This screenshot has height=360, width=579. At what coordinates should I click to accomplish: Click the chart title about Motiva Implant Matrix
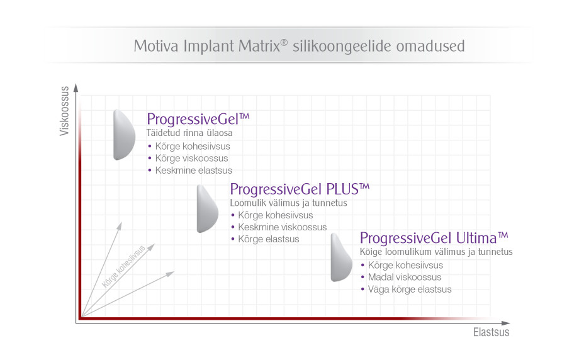click(x=299, y=46)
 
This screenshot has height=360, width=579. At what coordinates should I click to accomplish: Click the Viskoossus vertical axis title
click(x=64, y=111)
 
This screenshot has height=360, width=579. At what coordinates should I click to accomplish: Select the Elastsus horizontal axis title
click(x=491, y=332)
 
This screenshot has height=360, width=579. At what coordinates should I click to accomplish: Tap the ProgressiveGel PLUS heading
click(x=300, y=189)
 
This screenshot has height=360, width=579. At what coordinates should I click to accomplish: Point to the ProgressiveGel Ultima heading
click(x=434, y=238)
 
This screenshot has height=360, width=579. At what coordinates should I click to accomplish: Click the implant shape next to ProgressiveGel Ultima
click(x=341, y=257)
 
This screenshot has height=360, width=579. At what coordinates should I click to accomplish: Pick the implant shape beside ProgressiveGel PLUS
click(x=207, y=208)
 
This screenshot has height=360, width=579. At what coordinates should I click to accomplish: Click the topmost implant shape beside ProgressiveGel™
click(x=124, y=135)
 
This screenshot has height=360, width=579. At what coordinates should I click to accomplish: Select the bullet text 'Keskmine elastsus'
click(x=193, y=171)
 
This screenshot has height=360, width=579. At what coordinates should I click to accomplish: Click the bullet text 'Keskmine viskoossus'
click(x=283, y=227)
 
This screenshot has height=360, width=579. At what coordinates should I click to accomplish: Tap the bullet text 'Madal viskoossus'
click(x=405, y=278)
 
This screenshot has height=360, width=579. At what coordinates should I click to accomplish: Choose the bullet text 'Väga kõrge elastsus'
click(x=410, y=290)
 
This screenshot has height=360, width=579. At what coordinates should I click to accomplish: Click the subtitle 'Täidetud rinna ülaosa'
click(x=189, y=133)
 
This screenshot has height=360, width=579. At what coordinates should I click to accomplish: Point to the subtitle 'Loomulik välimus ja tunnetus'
click(x=288, y=203)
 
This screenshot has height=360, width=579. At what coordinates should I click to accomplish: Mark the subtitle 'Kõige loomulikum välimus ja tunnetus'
click(x=436, y=252)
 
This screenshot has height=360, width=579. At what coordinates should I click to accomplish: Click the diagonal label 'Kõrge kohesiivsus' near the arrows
click(x=124, y=267)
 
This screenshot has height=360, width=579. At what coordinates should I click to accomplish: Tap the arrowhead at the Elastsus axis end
click(x=505, y=323)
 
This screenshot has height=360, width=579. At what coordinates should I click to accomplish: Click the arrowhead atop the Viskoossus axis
click(x=76, y=88)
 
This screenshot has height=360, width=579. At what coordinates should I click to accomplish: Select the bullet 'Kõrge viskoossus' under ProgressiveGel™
click(x=191, y=159)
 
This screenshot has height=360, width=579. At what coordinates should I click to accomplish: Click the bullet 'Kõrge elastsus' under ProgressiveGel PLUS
click(x=269, y=239)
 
